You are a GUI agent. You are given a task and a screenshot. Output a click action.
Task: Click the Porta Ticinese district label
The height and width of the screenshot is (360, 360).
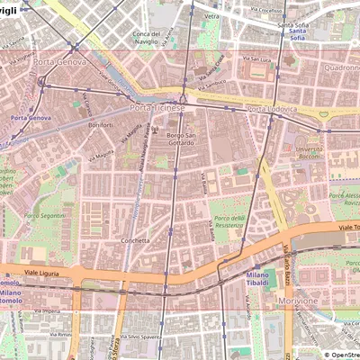[x=157, y=108]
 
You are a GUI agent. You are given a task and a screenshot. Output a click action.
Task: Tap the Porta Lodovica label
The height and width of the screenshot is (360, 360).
[x=270, y=109]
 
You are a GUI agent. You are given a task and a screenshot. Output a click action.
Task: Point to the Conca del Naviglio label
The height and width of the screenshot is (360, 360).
[x=146, y=38]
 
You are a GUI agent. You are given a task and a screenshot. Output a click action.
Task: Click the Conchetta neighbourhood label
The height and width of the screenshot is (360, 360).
[x=135, y=241]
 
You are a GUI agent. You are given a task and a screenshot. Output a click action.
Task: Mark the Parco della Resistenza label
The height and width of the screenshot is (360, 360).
[x=229, y=222]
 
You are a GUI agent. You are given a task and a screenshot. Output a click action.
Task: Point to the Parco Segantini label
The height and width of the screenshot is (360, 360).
[x=43, y=216]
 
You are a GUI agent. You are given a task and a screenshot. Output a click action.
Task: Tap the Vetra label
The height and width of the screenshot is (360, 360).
[x=211, y=16]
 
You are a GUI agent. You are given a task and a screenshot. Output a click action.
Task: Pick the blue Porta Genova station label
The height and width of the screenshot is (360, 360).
[x=30, y=118]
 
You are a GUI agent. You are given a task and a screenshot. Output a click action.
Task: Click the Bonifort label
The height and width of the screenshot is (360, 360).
[x=101, y=125]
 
